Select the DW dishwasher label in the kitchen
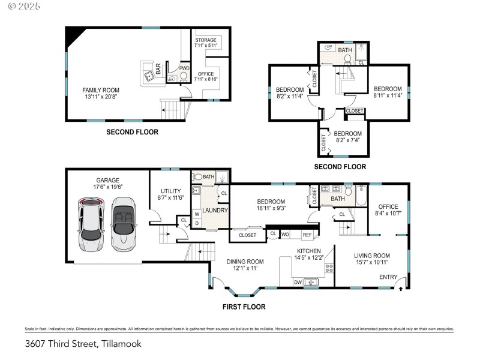297,282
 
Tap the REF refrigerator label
307,235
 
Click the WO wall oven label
286,234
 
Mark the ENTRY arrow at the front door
401,288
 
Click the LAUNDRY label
215,211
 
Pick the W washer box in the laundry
196,214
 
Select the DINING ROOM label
245,265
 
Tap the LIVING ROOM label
371,259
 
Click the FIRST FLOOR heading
244,307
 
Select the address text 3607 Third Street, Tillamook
83,344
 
